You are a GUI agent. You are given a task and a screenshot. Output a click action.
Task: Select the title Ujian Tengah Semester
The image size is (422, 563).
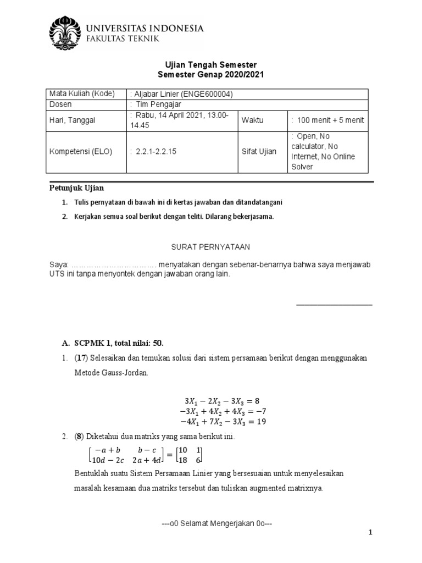point(211,65)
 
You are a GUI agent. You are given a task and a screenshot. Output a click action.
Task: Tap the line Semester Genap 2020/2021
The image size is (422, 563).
point(211,74)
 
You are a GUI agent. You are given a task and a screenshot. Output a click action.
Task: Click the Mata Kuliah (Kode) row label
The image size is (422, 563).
point(82,94)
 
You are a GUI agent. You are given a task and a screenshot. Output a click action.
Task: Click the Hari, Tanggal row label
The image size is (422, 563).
point(73,120)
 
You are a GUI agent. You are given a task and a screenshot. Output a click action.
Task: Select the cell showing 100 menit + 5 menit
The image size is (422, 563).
point(327,120)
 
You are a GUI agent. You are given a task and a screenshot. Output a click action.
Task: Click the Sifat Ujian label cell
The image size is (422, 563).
point(260,152)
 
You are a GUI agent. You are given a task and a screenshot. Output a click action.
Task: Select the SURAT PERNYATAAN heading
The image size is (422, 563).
point(211,247)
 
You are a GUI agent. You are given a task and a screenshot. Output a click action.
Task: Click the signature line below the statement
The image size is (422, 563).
point(334,304)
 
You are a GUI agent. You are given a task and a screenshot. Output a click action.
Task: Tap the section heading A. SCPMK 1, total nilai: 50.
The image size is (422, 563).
point(113,343)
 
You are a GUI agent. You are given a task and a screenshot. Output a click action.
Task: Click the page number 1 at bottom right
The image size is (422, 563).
point(370,533)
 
